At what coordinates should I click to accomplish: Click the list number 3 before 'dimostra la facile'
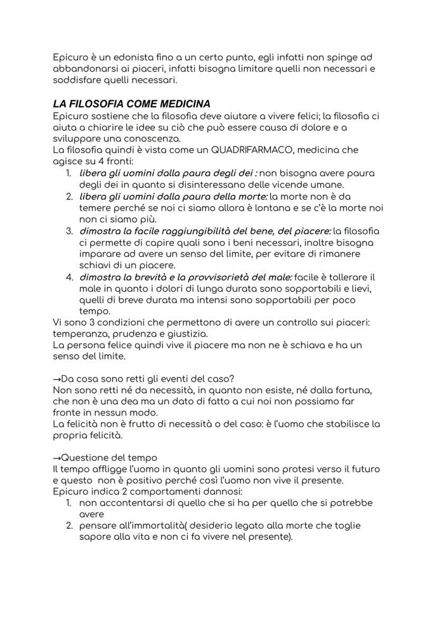point(69,231)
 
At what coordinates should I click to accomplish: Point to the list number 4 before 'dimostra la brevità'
point(69,277)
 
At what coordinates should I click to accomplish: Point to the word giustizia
point(187,334)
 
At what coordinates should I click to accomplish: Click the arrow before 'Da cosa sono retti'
point(57,379)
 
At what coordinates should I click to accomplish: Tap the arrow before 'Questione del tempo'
point(57,458)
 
